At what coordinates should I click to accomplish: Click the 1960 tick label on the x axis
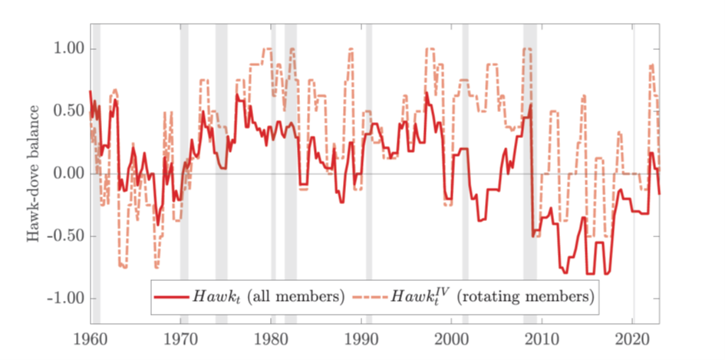(x=91, y=339)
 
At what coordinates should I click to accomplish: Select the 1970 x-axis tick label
(x=181, y=339)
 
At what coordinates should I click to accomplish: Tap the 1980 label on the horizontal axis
(x=272, y=339)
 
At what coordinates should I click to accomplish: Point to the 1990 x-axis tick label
(x=362, y=339)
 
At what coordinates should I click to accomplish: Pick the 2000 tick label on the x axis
(x=452, y=339)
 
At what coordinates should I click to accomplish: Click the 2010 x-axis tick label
(x=542, y=339)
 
